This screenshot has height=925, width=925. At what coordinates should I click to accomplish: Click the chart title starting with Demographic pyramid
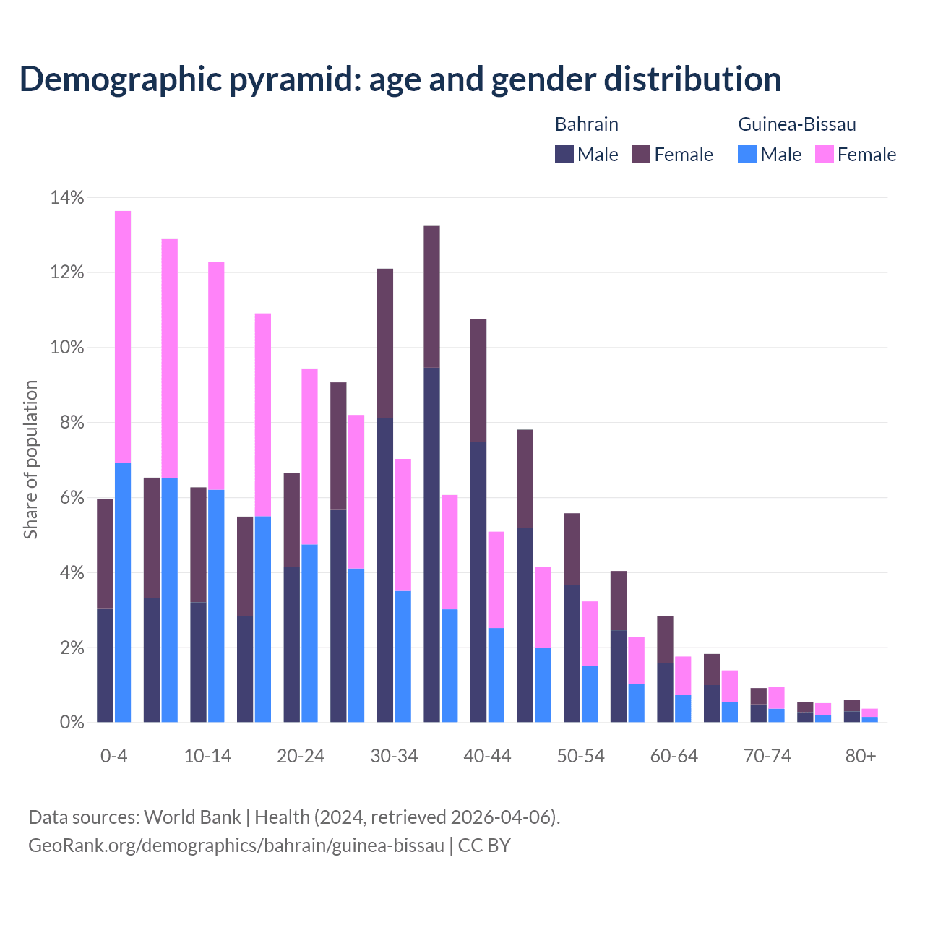[x=400, y=79]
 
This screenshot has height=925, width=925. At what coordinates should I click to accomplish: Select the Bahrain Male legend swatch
[x=564, y=154]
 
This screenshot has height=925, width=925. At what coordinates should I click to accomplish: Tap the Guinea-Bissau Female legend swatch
[x=824, y=154]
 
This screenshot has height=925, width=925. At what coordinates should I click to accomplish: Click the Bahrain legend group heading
[x=586, y=124]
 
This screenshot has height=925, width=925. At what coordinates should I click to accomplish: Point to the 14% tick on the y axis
[x=66, y=197]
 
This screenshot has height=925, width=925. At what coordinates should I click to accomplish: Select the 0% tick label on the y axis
[x=71, y=722]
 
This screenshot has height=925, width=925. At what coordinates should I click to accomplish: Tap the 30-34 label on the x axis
[x=394, y=757]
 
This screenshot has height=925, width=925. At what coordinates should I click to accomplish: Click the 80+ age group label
[x=861, y=757]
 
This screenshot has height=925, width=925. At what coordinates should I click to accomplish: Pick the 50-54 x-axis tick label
[x=580, y=757]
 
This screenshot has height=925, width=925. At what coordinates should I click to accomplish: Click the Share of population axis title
[x=30, y=460]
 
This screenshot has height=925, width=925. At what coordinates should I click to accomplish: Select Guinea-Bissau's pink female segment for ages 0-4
[x=123, y=337]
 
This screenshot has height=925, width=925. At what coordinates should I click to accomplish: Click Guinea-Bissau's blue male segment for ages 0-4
[x=123, y=593]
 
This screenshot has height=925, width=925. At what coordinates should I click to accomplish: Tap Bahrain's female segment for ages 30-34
[x=385, y=343]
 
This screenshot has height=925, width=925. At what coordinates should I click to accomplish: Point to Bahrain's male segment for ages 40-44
[x=478, y=582]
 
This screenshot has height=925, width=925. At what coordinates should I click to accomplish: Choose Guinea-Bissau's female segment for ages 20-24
[x=309, y=456]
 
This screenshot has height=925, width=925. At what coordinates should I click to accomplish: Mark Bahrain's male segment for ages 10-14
[x=198, y=662]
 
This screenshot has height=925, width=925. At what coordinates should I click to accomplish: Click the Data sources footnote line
[x=294, y=817]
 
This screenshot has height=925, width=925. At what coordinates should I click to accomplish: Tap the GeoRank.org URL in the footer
[x=236, y=845]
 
